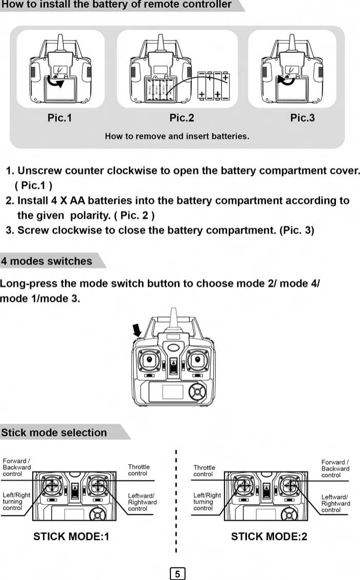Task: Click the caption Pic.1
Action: (x=60, y=118)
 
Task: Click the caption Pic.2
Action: (x=182, y=118)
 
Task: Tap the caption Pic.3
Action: (x=302, y=118)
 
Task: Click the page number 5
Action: (x=177, y=574)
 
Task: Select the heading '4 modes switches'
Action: (x=47, y=261)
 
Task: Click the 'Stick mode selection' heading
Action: (x=54, y=433)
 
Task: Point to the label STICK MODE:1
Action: (x=71, y=537)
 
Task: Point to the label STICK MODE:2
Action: (x=269, y=537)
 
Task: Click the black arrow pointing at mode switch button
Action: (x=138, y=330)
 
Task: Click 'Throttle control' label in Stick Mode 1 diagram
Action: (x=139, y=470)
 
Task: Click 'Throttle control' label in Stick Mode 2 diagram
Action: (x=204, y=471)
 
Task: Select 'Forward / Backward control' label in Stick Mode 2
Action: (x=335, y=469)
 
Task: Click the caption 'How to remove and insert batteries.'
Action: (x=177, y=137)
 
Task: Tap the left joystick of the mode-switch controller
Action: (x=149, y=361)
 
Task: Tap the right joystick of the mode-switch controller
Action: (x=196, y=361)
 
